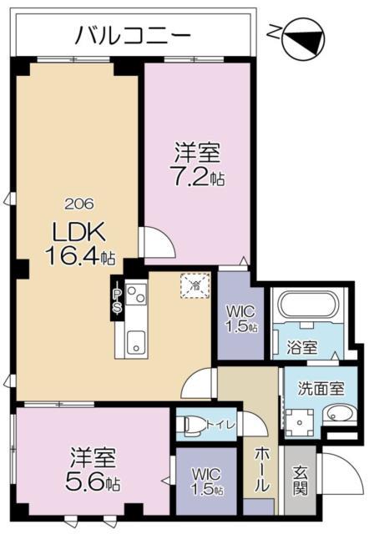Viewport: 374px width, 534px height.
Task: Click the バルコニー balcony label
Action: click(x=134, y=35)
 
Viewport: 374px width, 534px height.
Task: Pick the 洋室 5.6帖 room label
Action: click(x=92, y=468)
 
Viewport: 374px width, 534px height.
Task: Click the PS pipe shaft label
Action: click(x=118, y=300)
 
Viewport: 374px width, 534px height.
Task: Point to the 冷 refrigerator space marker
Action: click(x=194, y=287)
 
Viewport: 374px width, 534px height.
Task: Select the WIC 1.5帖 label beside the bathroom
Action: click(x=241, y=319)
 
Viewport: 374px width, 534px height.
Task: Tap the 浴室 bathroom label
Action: click(x=303, y=347)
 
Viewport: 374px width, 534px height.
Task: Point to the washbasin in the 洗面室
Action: click(x=337, y=415)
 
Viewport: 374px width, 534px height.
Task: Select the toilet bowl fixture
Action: click(x=191, y=425)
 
